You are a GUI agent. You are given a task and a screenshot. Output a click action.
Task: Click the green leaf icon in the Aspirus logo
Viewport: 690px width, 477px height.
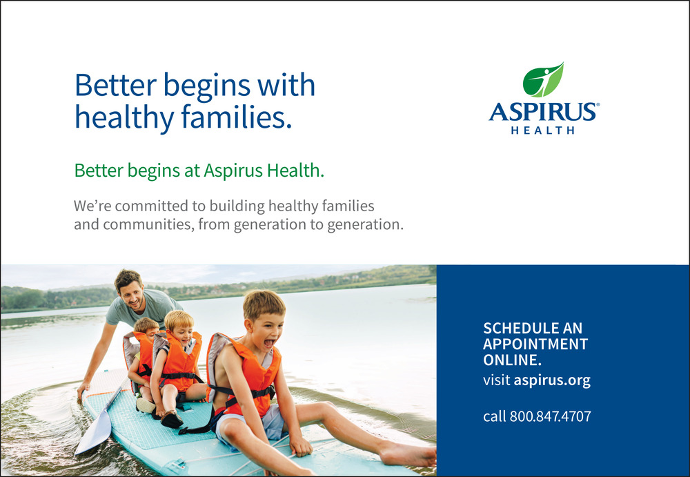tap(542, 79)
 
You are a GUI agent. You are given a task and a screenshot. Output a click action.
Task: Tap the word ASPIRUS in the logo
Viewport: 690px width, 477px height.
tap(544, 112)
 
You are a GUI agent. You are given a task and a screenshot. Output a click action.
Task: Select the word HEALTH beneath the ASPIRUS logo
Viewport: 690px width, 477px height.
tap(542, 130)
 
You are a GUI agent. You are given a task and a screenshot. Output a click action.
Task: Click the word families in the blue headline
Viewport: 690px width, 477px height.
tap(236, 117)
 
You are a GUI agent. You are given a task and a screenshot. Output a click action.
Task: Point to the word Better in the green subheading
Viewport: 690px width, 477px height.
tap(99, 171)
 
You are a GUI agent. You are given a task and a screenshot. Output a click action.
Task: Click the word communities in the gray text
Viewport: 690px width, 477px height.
tap(148, 224)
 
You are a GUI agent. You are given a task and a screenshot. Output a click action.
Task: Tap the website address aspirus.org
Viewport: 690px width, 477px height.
tap(552, 380)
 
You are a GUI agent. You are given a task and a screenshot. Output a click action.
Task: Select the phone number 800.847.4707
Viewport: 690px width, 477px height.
tap(550, 416)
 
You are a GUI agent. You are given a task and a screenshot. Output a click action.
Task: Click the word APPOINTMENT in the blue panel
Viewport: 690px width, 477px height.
tap(535, 344)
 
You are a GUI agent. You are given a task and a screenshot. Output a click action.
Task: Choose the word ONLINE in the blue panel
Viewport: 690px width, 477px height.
tap(512, 360)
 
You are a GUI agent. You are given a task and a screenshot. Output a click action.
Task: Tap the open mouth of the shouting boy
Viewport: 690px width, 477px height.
tap(269, 342)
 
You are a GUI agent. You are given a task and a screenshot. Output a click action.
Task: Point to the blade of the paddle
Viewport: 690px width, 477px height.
tap(94, 431)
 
